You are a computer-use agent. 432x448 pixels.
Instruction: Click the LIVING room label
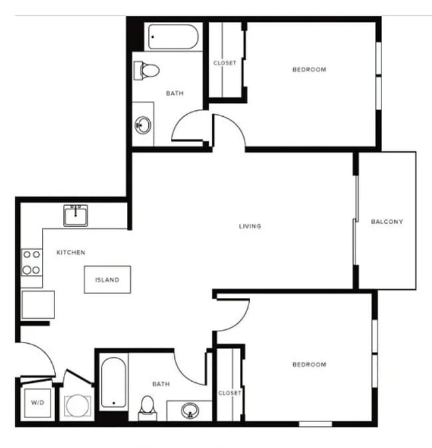click(250, 226)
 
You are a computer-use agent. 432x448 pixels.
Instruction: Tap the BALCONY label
click(387, 222)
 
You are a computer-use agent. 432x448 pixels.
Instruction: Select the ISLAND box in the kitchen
click(107, 279)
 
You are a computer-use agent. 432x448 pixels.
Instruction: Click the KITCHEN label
click(70, 252)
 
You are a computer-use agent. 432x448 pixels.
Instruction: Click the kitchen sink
click(77, 215)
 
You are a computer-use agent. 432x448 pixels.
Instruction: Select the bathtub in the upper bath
click(173, 37)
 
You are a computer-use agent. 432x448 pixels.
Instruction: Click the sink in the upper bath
click(144, 124)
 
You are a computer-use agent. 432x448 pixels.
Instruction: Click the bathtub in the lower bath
click(113, 382)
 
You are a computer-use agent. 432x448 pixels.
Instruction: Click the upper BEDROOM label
click(310, 69)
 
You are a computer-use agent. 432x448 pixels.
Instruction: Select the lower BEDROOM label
click(310, 364)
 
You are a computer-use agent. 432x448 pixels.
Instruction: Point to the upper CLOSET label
click(225, 63)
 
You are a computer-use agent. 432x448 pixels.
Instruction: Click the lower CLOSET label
click(230, 393)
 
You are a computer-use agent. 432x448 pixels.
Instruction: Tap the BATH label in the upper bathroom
click(175, 93)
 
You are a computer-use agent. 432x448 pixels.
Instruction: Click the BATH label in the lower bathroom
click(161, 384)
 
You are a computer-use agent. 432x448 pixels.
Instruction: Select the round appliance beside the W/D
click(78, 406)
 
